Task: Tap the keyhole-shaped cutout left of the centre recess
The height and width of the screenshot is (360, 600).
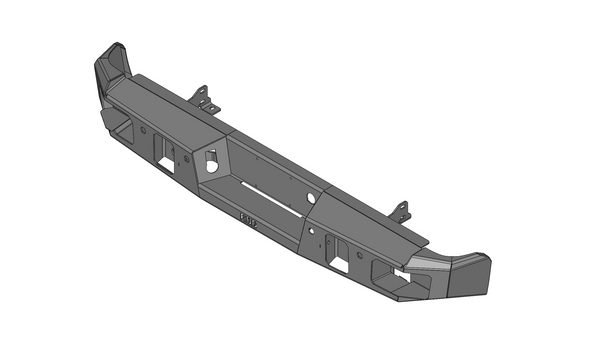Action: point(211,159)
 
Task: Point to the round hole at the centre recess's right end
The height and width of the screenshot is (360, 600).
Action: point(312,198)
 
